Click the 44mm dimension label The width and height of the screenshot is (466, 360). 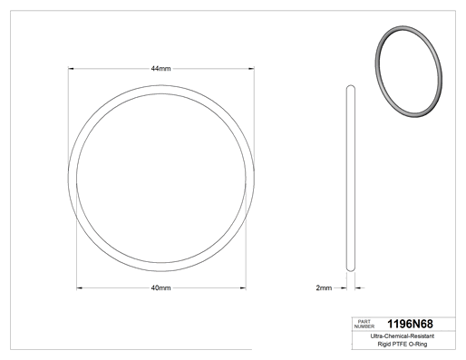pyautogui.click(x=160, y=69)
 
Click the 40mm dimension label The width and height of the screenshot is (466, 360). pyautogui.click(x=160, y=287)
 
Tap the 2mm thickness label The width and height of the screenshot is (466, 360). pyautogui.click(x=324, y=287)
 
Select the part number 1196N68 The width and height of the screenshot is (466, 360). pyautogui.click(x=410, y=324)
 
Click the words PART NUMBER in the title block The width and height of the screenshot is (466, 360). pyautogui.click(x=364, y=324)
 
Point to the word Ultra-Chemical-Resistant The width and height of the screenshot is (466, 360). pyautogui.click(x=403, y=336)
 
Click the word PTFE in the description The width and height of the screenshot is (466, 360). pyautogui.click(x=400, y=344)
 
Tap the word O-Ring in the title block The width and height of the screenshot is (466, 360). pyautogui.click(x=418, y=344)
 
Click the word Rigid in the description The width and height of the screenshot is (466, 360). pyautogui.click(x=384, y=344)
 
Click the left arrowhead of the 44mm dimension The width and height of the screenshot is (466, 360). pyautogui.click(x=71, y=69)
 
